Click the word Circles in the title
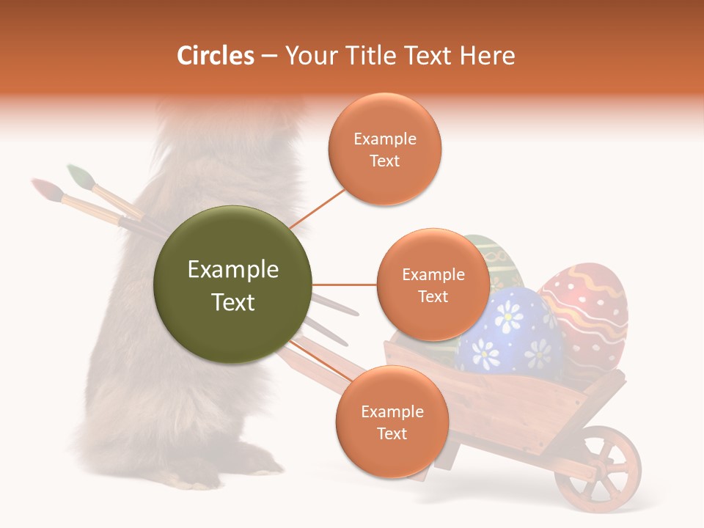[x=215, y=56]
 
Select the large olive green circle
[x=233, y=285]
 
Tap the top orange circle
[x=385, y=150]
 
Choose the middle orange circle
[x=433, y=285]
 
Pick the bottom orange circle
[x=392, y=422]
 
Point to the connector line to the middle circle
[x=344, y=285]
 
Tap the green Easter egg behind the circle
[x=499, y=260]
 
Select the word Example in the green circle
[x=233, y=270]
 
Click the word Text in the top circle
[x=384, y=161]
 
